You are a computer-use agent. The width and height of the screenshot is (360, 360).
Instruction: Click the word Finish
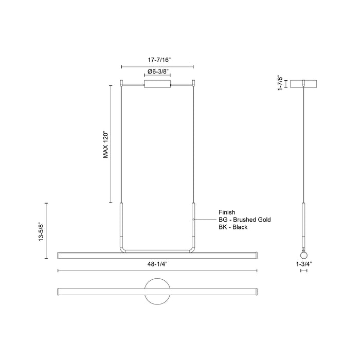pyautogui.click(x=227, y=211)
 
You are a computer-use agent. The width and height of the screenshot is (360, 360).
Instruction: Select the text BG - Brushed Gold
pyautogui.click(x=244, y=219)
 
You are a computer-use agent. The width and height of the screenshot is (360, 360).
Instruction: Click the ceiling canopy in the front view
pyautogui.click(x=157, y=84)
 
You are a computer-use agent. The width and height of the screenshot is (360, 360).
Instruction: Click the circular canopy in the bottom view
pyautogui.click(x=157, y=291)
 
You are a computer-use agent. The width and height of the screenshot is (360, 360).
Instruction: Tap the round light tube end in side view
pyautogui.click(x=303, y=255)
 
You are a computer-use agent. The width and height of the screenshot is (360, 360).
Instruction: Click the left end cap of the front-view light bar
pyautogui.click(x=59, y=255)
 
